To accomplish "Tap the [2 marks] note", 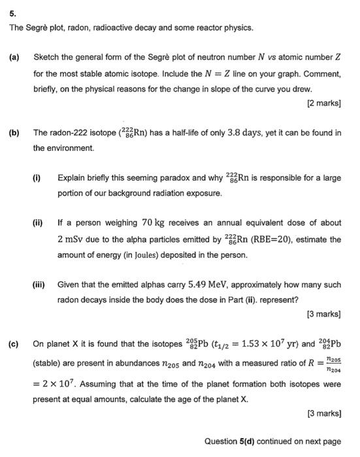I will (x=325, y=103).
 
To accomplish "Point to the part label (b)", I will (x=13, y=133).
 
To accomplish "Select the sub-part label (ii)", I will (x=39, y=222).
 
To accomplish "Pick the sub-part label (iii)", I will (x=39, y=285).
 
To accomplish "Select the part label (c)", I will (x=13, y=343).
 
